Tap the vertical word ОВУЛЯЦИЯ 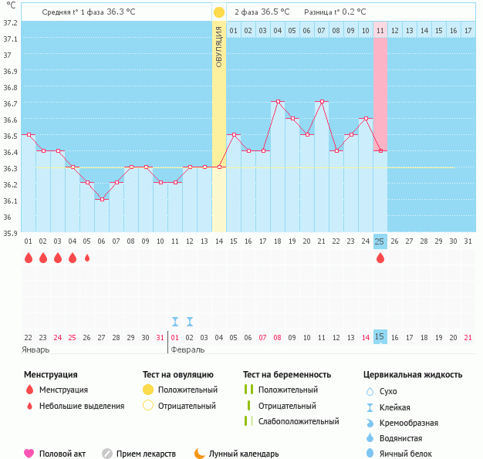219,46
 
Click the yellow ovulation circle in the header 219,12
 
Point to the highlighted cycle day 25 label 380,241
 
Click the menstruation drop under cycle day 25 380,258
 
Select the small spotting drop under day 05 87,258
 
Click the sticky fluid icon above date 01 175,321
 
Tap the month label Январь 36,349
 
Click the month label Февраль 187,349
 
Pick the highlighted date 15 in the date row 380,337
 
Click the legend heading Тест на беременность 287,375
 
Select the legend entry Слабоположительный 299,421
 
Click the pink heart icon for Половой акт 29,454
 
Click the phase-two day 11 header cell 380,30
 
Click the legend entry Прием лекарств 146,454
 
